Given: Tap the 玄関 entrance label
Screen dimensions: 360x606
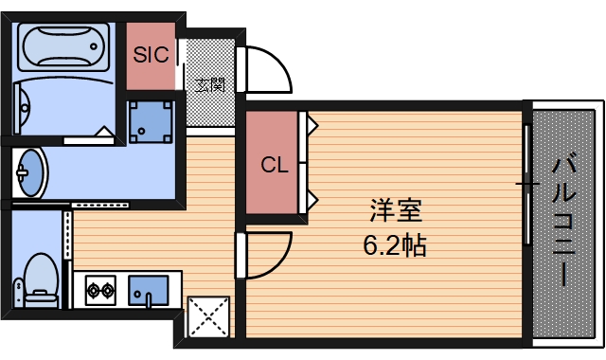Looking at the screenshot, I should [x=210, y=84].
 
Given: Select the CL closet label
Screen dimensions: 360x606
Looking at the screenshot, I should [x=274, y=166].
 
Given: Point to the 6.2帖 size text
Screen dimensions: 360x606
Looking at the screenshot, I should [x=395, y=245].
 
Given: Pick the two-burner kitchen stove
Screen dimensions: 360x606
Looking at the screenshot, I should [x=99, y=290].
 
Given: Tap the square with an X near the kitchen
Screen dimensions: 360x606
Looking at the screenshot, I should [x=208, y=316].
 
